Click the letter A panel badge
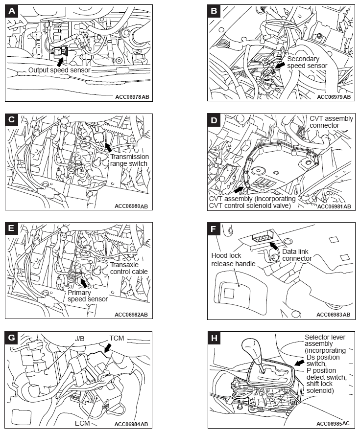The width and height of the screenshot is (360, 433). (12, 11)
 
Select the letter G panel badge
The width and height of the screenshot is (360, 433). (12, 338)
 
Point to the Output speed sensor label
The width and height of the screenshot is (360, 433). (59, 70)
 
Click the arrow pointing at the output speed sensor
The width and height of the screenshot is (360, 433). (60, 62)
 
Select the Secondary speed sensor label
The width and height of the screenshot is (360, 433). (307, 62)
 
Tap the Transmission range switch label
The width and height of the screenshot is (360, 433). (129, 160)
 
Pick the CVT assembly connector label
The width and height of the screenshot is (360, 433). (331, 122)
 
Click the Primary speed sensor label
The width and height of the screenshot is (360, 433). (88, 296)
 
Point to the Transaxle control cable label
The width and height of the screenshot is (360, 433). (128, 268)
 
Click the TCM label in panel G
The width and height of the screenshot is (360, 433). (116, 339)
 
